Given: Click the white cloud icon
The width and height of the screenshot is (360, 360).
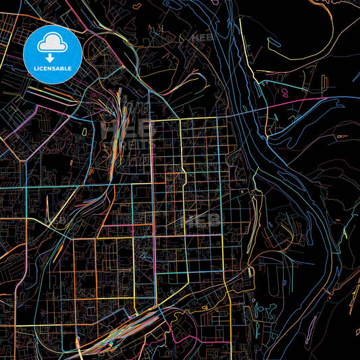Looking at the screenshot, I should pyautogui.click(x=51, y=44).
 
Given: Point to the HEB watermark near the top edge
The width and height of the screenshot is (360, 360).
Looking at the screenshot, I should pyautogui.click(x=202, y=38).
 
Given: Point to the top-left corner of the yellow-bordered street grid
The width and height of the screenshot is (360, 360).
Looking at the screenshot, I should pyautogui.click(x=150, y=120).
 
